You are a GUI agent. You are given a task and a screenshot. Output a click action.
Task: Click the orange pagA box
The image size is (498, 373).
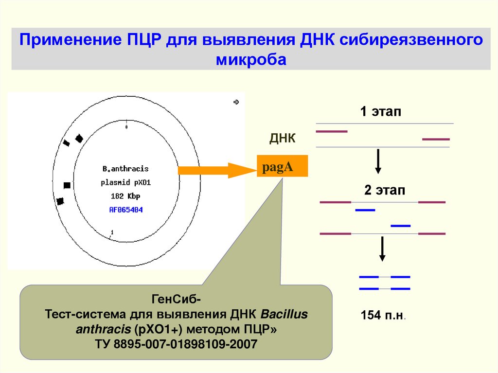(282, 167)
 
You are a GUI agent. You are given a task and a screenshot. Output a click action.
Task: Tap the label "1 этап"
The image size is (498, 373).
(381, 112)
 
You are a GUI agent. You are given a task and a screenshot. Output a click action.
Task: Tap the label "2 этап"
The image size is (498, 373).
(385, 190)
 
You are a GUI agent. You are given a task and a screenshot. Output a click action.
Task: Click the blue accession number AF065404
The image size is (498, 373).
(125, 210)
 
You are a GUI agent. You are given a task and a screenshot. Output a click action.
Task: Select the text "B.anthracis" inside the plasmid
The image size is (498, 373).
(125, 169)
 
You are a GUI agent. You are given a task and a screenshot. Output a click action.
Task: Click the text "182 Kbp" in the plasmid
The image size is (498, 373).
(125, 196)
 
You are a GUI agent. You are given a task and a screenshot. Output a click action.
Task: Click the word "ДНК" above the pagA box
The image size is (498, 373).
(283, 140)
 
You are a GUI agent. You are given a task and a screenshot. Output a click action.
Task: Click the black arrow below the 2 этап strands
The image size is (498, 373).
(382, 249)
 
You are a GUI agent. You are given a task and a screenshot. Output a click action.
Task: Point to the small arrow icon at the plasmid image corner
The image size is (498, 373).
(236, 102)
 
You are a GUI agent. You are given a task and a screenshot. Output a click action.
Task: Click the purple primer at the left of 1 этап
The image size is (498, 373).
(332, 131)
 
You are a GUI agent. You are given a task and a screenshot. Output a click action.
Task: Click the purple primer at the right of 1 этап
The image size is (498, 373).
(436, 140)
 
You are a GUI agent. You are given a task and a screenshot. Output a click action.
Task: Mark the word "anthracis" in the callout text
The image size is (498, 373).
(101, 329)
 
